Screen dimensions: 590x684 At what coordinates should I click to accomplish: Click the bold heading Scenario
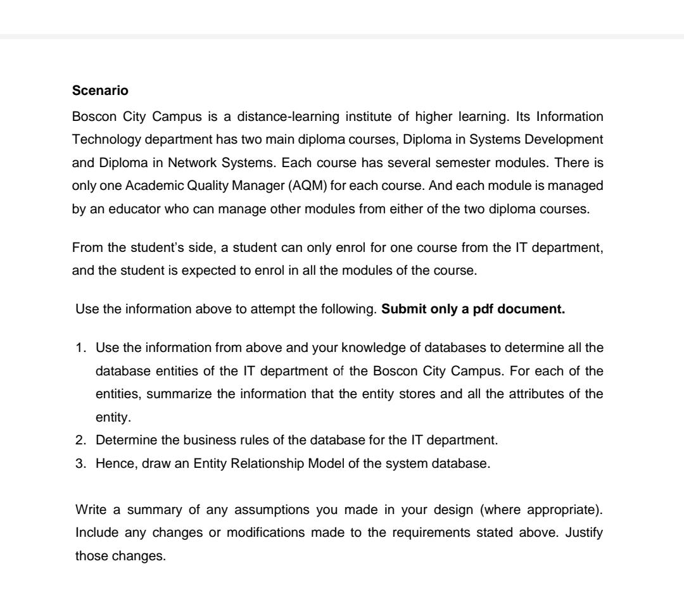pyautogui.click(x=101, y=91)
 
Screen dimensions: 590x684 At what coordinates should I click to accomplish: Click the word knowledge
pyautogui.click(x=370, y=346)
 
